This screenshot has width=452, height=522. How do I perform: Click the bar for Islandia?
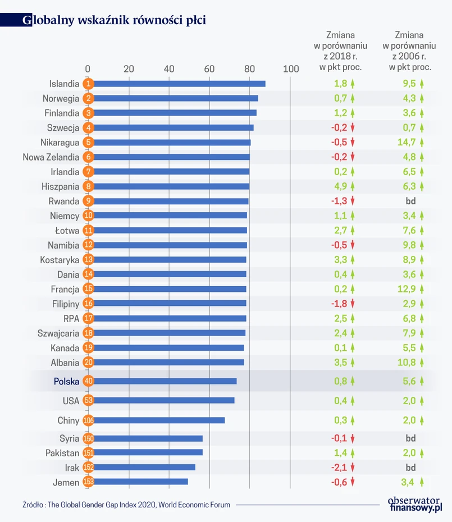177,84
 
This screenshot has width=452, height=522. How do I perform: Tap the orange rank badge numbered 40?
88,381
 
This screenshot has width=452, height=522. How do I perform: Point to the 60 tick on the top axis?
209,69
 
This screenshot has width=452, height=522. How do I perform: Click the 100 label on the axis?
290,69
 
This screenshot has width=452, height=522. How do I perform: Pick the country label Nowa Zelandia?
51,157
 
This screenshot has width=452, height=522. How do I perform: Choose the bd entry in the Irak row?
410,467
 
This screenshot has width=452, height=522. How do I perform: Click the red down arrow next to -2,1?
353,467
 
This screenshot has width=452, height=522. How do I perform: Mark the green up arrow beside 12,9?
422,289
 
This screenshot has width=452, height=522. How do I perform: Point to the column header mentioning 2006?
410,51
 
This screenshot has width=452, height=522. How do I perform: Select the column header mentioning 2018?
340,51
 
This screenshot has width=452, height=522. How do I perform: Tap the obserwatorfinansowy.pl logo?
416,503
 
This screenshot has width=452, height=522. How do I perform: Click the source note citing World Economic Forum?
126,505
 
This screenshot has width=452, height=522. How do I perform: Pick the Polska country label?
66,381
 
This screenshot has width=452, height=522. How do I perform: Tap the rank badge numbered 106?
88,420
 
